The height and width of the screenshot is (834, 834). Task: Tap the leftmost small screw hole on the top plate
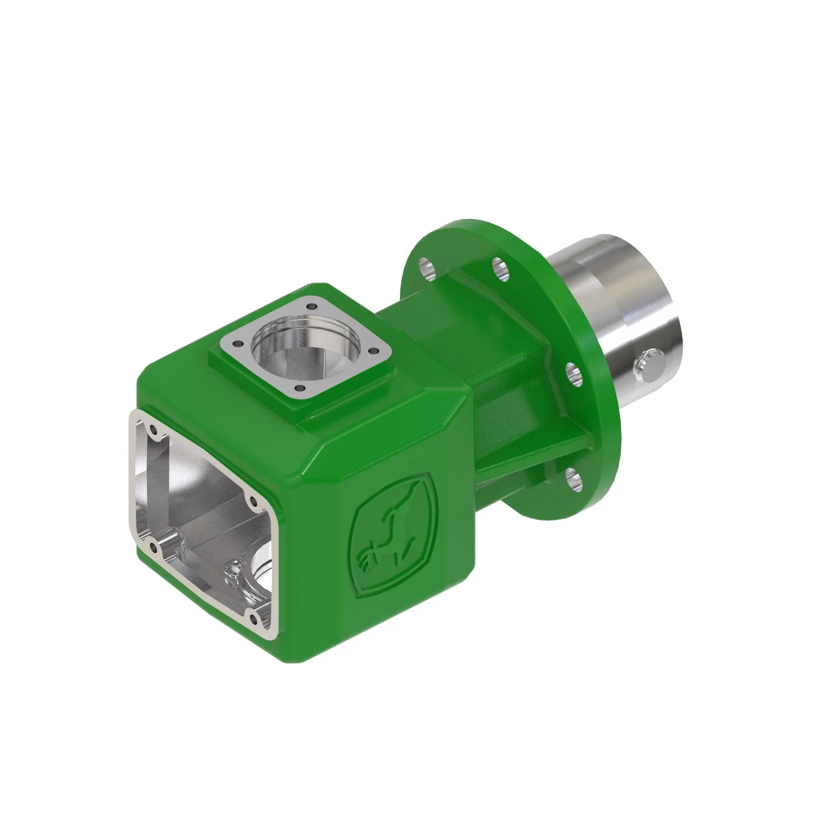(x=237, y=344)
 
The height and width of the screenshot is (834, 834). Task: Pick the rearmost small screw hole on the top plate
(x=309, y=307)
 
